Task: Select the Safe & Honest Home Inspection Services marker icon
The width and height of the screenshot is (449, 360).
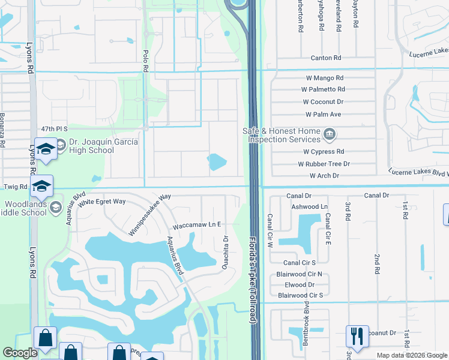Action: (329, 133)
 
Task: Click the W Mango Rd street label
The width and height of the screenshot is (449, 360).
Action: (323, 78)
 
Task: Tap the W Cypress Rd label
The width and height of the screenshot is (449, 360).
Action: (324, 152)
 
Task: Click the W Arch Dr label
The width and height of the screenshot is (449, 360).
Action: (324, 176)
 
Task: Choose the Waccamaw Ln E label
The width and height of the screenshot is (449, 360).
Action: (197, 226)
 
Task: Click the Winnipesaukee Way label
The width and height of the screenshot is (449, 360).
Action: (149, 214)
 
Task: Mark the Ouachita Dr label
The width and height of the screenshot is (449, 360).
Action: (226, 253)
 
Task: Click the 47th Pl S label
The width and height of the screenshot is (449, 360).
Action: (55, 129)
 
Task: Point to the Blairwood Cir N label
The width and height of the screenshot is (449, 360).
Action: (303, 274)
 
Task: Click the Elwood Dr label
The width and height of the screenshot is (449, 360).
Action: (300, 284)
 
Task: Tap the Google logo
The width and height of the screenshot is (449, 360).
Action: (20, 353)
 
